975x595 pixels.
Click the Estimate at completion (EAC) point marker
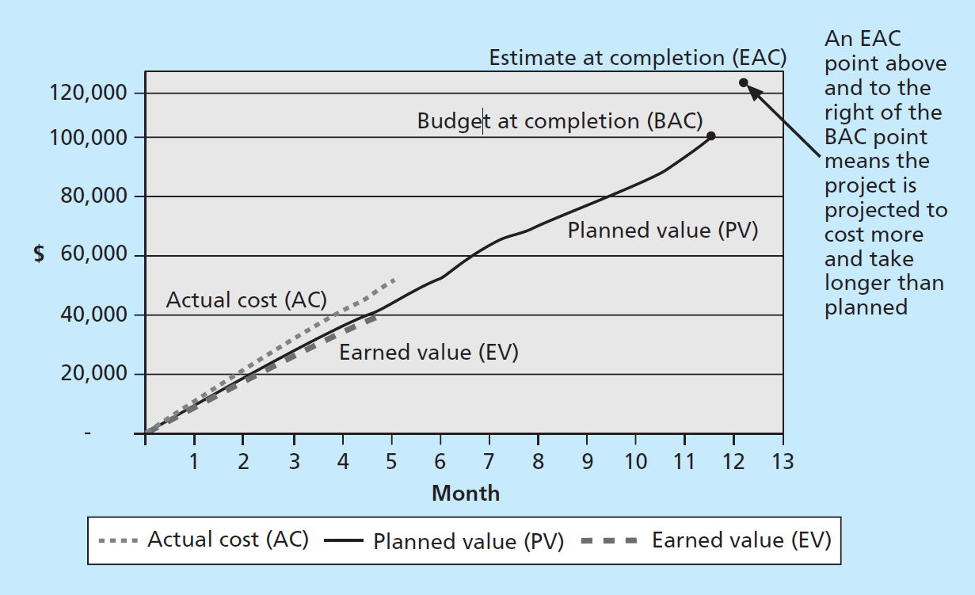744,82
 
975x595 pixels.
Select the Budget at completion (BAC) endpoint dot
711,135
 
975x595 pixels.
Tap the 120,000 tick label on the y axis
88,93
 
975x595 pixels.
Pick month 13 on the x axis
782,461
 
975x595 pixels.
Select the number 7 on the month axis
489,461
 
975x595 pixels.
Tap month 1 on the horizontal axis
194,461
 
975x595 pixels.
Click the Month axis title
466,494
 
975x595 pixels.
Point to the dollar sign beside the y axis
39,254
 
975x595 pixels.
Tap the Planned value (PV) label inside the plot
663,231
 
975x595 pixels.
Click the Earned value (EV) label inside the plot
428,352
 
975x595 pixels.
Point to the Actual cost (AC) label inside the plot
246,299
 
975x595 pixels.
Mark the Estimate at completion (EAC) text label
638,58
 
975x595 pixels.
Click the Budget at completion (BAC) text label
560,121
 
